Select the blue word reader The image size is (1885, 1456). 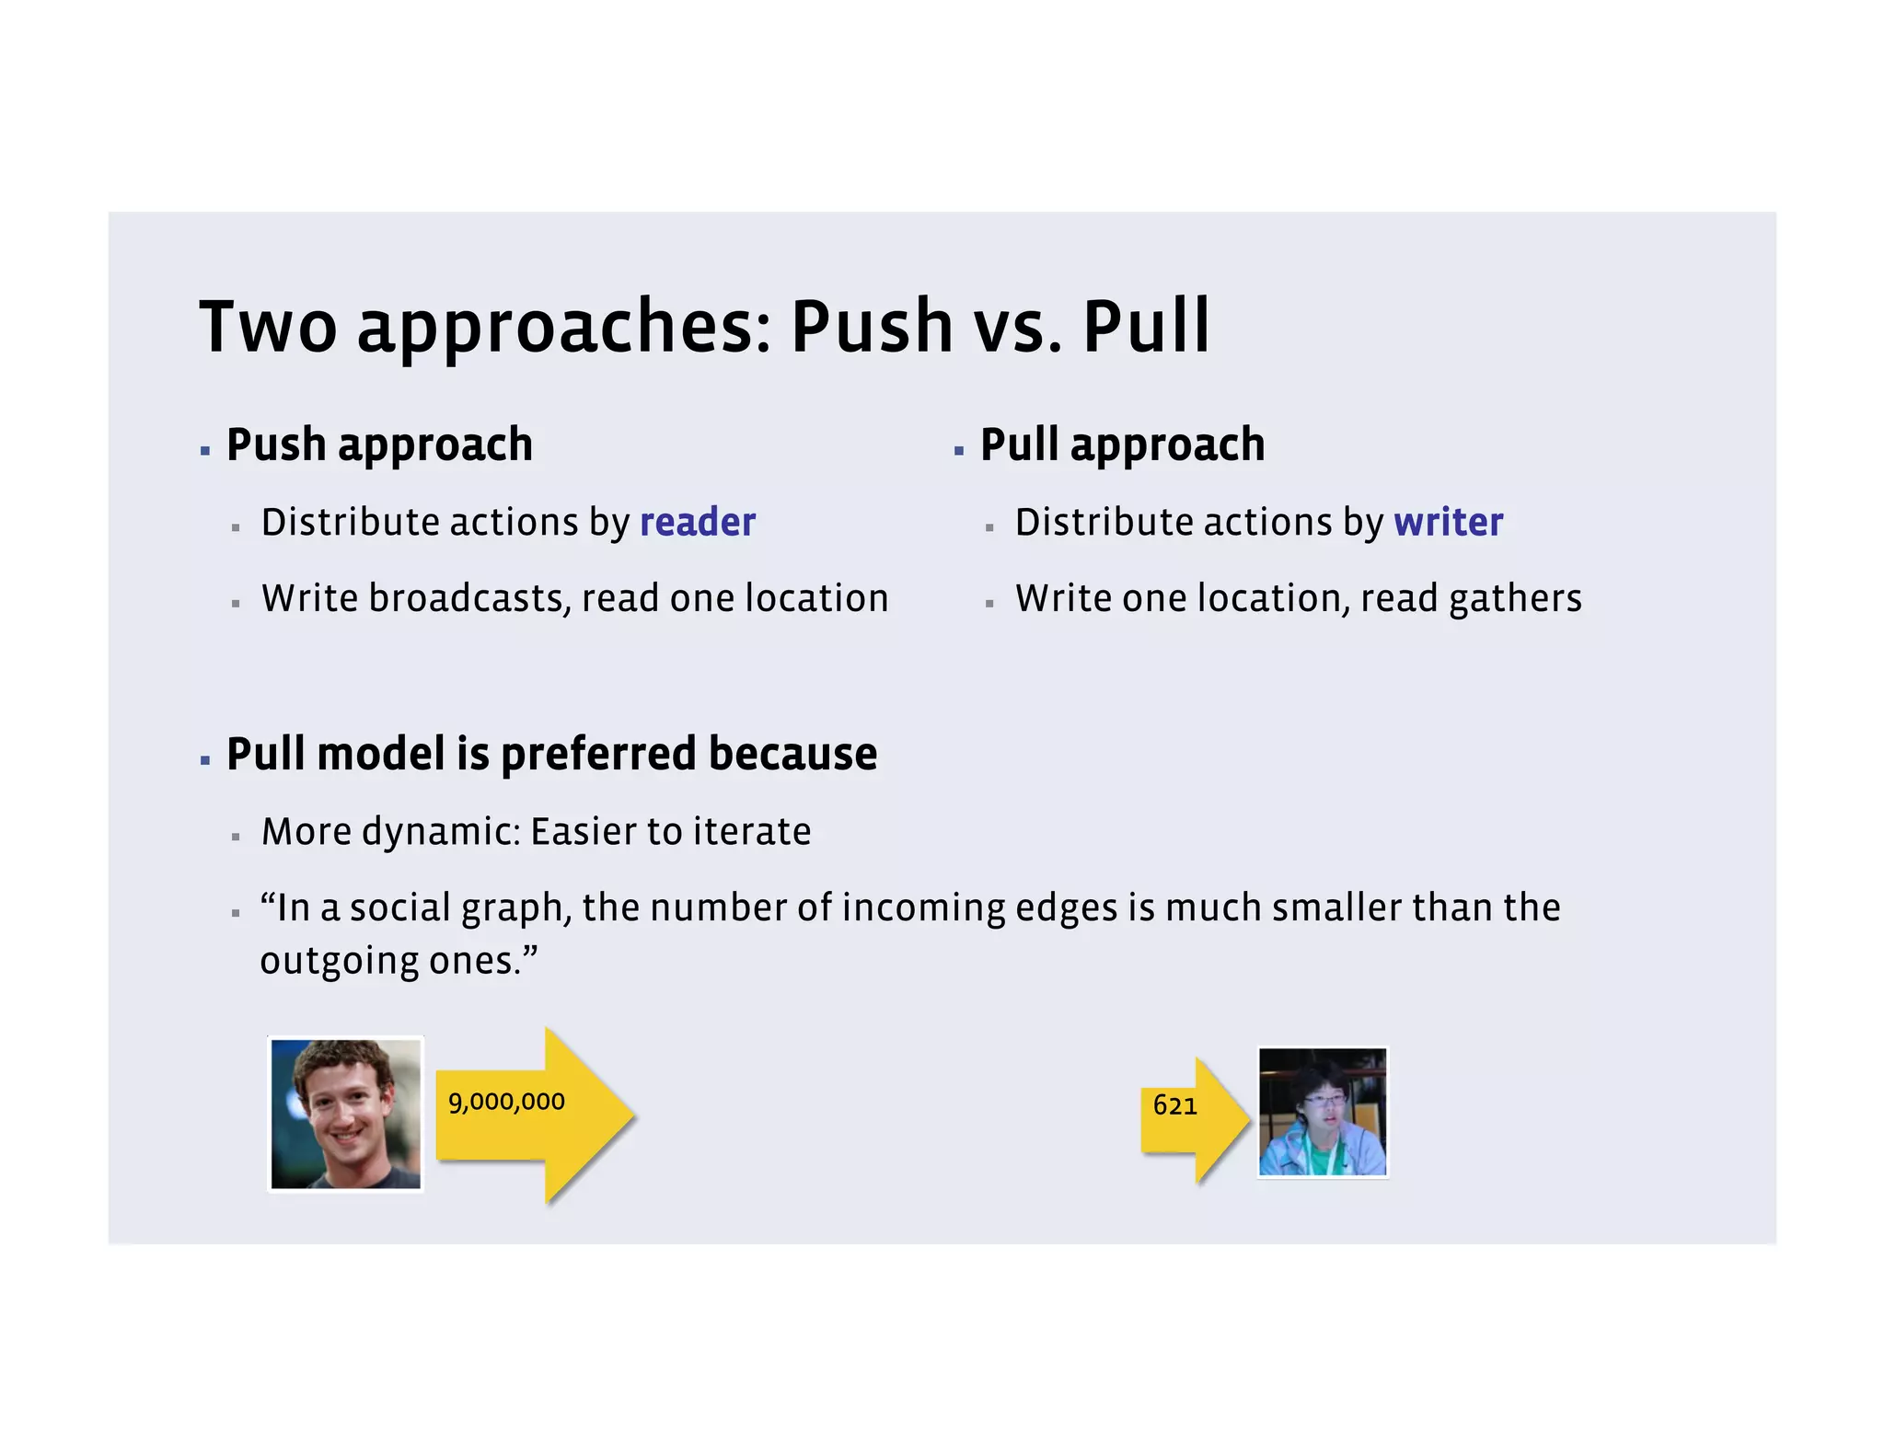pyautogui.click(x=697, y=523)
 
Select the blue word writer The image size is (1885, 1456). pyautogui.click(x=1448, y=523)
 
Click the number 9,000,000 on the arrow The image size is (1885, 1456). pyautogui.click(x=506, y=1102)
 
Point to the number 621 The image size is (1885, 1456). pyautogui.click(x=1174, y=1105)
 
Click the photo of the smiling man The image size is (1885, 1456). pyautogui.click(x=346, y=1114)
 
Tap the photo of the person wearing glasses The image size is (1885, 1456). pyautogui.click(x=1323, y=1112)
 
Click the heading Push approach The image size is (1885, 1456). pyautogui.click(x=379, y=445)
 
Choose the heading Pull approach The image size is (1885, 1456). pyautogui.click(x=1122, y=445)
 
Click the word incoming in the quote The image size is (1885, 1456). pyautogui.click(x=923, y=908)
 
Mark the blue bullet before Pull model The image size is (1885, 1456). pyautogui.click(x=205, y=760)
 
